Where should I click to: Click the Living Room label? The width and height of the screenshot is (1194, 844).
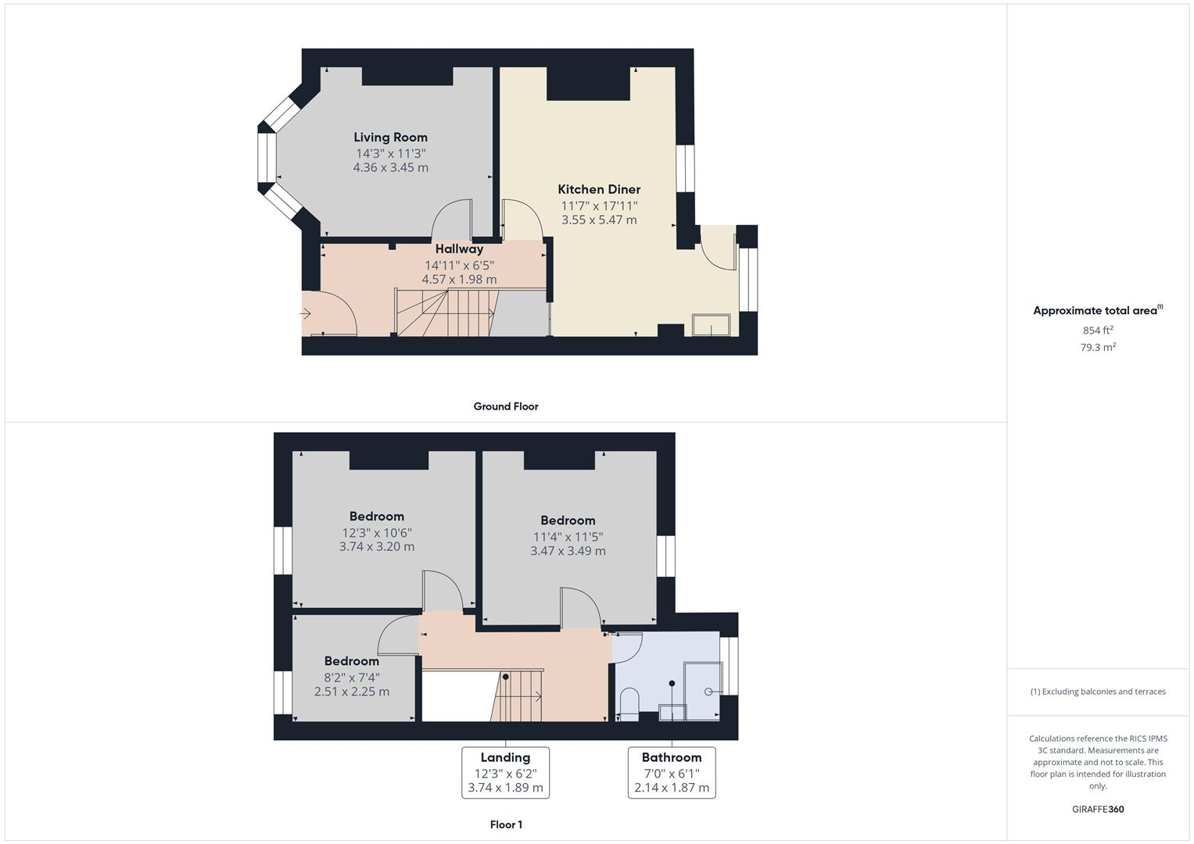click(x=390, y=138)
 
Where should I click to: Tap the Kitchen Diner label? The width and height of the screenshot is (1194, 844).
click(x=599, y=189)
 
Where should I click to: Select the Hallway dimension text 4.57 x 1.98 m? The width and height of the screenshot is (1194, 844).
click(x=459, y=279)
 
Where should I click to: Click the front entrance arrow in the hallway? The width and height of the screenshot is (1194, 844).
click(x=305, y=314)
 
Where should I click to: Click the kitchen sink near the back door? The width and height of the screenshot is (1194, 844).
click(x=711, y=325)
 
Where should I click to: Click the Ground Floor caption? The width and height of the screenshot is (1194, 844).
click(x=505, y=406)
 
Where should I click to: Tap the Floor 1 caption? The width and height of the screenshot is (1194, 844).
click(x=505, y=824)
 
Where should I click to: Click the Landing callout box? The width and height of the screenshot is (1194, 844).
click(x=505, y=772)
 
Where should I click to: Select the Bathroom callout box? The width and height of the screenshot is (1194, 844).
click(x=672, y=772)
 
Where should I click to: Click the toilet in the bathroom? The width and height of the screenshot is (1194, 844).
click(x=629, y=702)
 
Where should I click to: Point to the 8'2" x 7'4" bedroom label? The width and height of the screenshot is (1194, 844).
click(x=352, y=661)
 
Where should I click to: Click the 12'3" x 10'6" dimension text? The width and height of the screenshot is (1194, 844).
click(x=377, y=532)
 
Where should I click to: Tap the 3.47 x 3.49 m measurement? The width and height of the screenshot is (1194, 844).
click(x=568, y=551)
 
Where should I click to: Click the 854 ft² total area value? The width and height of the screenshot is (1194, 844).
click(x=1098, y=330)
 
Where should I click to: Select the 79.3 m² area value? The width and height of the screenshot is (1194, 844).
click(x=1098, y=347)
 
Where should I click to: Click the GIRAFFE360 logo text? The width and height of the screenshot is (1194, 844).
click(x=1098, y=809)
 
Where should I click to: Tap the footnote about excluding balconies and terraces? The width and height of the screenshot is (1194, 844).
click(x=1098, y=692)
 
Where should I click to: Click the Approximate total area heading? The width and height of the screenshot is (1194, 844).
click(x=1096, y=310)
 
